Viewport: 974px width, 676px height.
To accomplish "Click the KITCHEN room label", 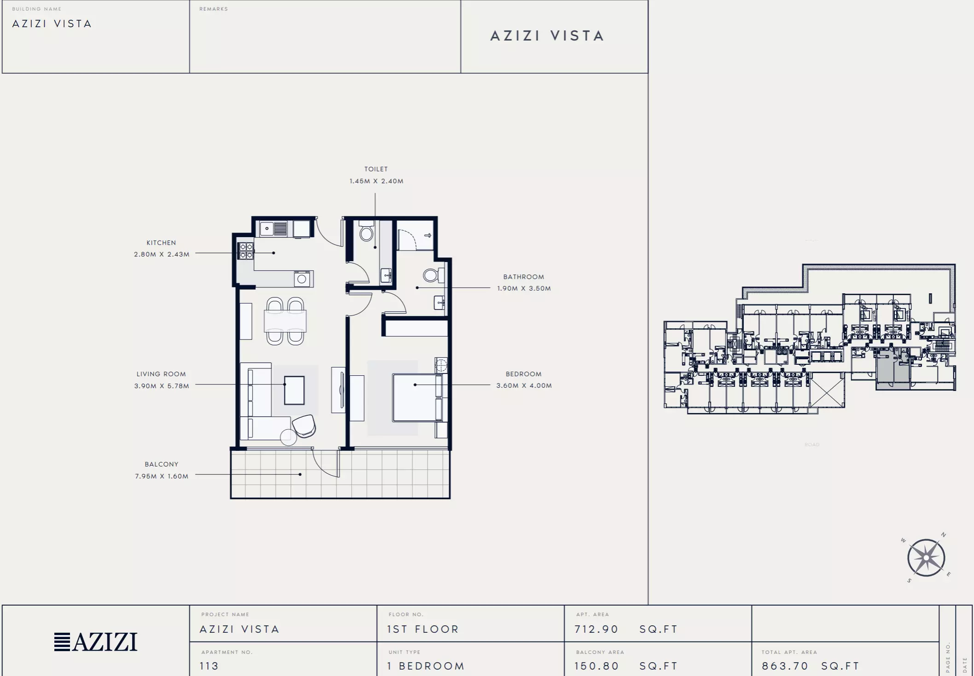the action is click(161, 243).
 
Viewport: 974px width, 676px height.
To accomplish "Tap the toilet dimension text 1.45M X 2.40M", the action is click(377, 181).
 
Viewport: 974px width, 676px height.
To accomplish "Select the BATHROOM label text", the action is click(523, 277).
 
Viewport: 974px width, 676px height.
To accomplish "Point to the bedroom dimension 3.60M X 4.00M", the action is click(524, 385).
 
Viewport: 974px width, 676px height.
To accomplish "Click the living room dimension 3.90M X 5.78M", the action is click(162, 386).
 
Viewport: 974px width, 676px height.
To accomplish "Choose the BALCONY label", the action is click(162, 464).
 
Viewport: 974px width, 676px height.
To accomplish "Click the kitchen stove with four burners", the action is click(246, 251).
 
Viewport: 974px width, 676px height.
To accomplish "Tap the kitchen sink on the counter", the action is click(273, 228).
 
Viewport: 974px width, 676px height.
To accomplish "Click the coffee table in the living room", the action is click(294, 390).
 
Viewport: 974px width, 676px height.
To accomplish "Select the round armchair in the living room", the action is click(304, 426).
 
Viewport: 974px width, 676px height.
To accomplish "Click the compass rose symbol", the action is click(926, 558).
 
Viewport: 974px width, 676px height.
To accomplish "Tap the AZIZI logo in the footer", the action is click(96, 641).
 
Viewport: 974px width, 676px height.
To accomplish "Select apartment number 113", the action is click(209, 666).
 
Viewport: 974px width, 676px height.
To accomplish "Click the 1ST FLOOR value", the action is click(423, 629).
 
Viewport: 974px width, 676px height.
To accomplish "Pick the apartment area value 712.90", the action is click(596, 629).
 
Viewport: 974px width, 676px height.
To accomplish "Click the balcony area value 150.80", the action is click(596, 666).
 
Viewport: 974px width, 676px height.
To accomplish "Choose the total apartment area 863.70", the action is click(785, 666).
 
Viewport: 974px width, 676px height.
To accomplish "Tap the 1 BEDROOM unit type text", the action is click(426, 666).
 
